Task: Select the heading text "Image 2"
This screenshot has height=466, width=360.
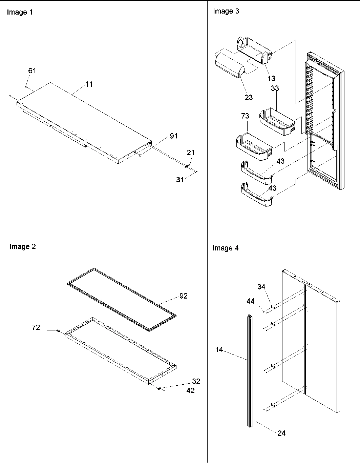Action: click(x=22, y=247)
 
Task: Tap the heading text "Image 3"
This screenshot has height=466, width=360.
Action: click(x=226, y=11)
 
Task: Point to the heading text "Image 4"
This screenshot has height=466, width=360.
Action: click(x=226, y=248)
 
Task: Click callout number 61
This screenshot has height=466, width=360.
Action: click(x=32, y=71)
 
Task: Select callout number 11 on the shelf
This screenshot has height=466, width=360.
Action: click(x=88, y=84)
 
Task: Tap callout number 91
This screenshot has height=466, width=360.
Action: click(x=173, y=136)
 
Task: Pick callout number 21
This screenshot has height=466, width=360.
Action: click(x=191, y=153)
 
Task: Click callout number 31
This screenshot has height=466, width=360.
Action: click(x=180, y=180)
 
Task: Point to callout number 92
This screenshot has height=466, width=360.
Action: click(x=183, y=296)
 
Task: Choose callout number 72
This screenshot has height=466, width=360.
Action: click(x=36, y=327)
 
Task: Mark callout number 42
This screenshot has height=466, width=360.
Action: click(x=190, y=390)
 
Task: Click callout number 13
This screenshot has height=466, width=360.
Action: click(x=271, y=78)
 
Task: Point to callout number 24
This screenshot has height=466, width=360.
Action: click(x=281, y=433)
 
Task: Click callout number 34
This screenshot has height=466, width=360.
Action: click(x=261, y=287)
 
